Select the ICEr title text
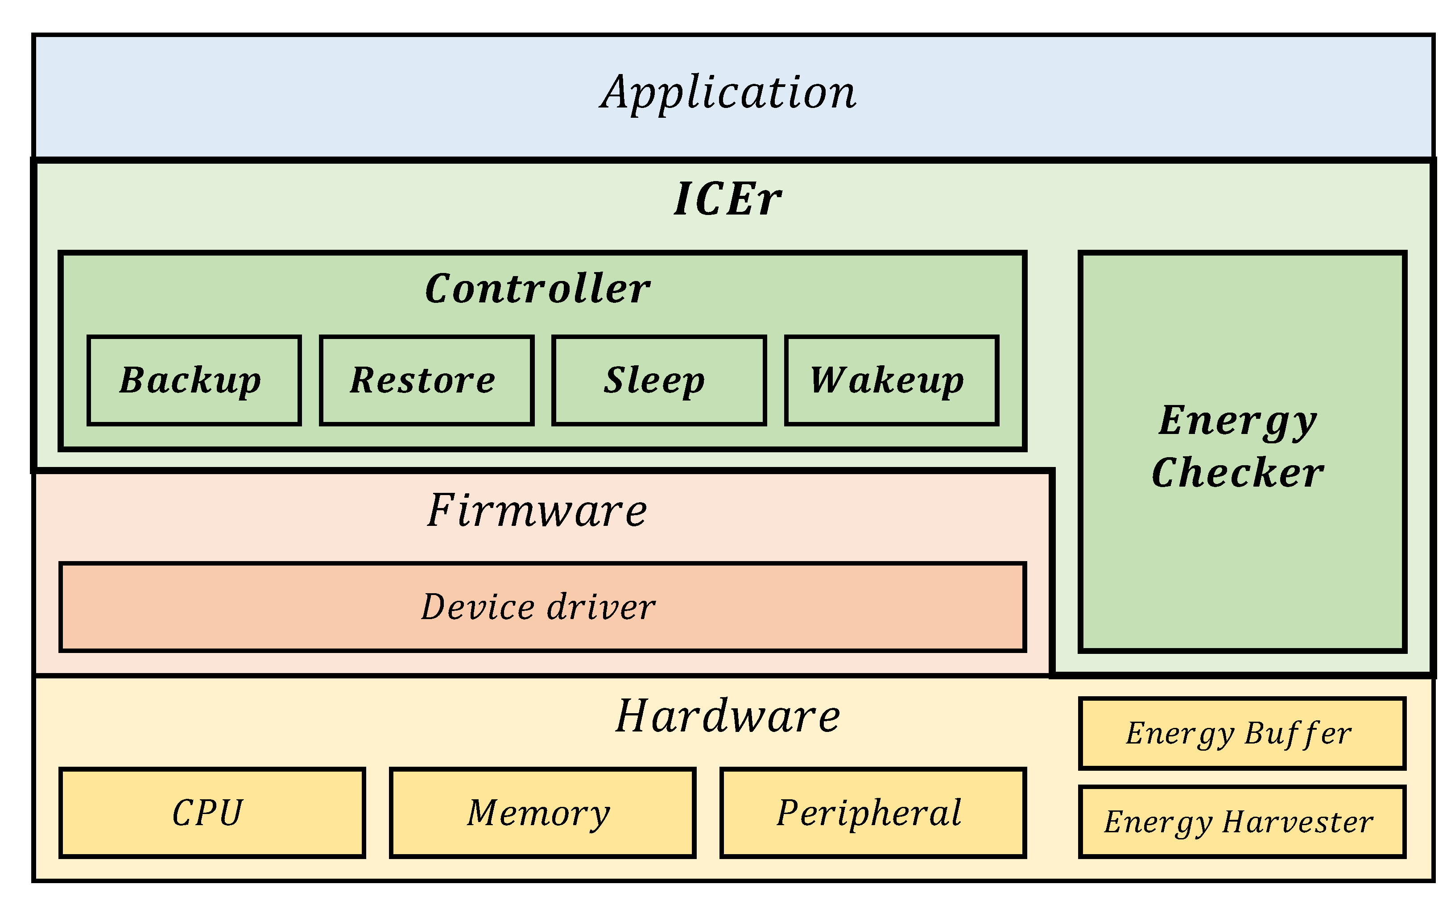(728, 199)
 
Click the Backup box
(194, 380)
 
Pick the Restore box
(426, 380)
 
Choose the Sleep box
(659, 380)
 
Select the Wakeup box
(891, 380)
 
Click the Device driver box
(542, 607)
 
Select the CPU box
(211, 813)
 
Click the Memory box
(542, 813)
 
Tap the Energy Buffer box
(1242, 733)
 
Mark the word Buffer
(1298, 733)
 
